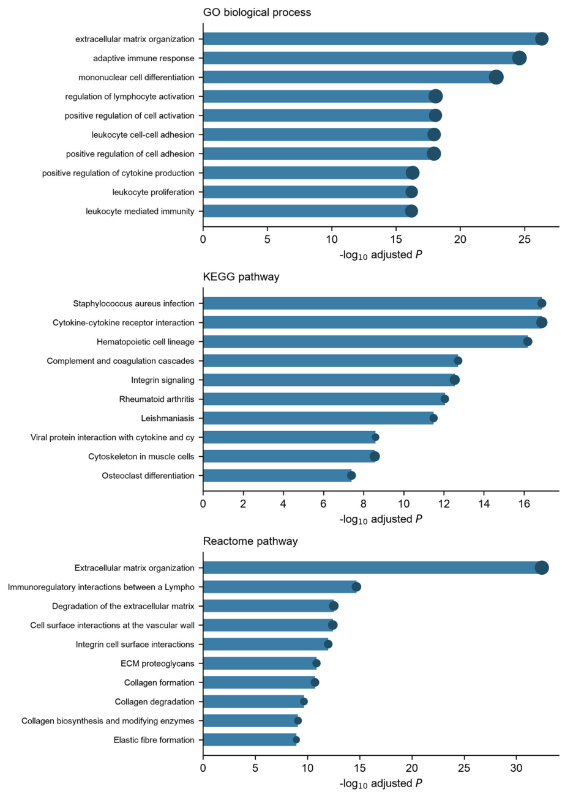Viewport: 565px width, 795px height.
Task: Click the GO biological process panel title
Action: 257,12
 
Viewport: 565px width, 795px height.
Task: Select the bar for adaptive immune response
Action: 361,58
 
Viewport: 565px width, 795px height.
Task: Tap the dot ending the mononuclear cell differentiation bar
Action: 496,78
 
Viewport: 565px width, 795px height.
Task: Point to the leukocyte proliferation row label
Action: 154,193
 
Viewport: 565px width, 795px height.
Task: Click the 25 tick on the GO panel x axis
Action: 525,240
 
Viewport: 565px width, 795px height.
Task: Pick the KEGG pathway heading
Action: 241,277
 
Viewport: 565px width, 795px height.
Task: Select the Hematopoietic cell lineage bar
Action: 365,342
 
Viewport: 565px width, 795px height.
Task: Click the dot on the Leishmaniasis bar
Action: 433,418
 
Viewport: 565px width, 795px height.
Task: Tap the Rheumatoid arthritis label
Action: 157,399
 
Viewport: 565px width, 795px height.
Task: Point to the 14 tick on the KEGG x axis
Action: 484,504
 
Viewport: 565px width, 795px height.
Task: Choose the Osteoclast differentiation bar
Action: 277,476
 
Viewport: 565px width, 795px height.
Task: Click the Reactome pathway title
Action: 250,541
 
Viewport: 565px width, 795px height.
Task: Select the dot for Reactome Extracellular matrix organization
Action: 542,568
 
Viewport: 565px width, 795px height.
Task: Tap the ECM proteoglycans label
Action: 157,664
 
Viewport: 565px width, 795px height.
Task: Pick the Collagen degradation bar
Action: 253,701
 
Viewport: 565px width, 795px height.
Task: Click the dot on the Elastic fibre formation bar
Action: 296,740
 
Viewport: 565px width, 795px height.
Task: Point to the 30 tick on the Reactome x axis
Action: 516,768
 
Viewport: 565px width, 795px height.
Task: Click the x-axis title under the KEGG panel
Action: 381,520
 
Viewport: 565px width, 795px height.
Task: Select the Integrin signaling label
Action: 163,380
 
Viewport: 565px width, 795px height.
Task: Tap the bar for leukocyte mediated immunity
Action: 307,211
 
